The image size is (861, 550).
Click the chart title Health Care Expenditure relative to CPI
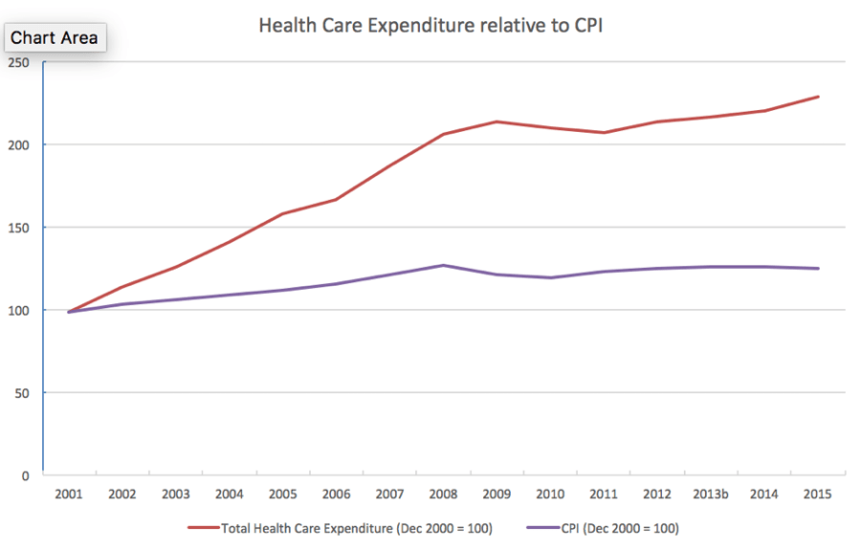430,26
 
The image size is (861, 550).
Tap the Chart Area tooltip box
54,38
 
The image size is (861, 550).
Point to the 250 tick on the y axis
19,63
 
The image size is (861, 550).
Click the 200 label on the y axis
19,145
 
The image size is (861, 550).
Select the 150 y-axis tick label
19,228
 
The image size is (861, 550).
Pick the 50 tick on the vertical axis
22,393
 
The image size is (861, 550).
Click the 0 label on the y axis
26,475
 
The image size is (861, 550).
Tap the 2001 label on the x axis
69,495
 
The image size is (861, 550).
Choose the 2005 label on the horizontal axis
283,495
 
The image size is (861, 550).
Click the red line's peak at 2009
497,121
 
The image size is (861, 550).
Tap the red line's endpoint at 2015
818,97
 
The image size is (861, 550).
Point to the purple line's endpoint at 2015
818,269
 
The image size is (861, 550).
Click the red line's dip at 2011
604,132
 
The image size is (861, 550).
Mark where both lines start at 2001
69,312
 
